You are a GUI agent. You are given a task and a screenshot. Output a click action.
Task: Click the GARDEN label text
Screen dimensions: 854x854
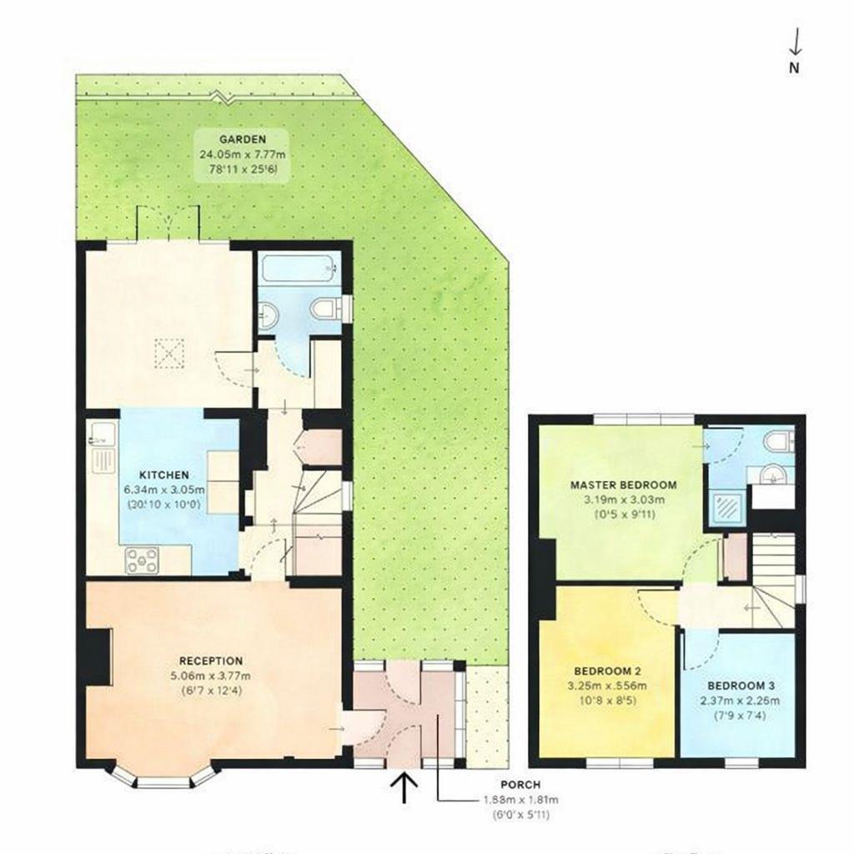(242, 139)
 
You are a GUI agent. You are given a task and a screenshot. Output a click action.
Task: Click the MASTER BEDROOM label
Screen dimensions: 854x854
(623, 485)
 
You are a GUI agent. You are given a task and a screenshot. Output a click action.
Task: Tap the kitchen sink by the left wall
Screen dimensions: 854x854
(102, 439)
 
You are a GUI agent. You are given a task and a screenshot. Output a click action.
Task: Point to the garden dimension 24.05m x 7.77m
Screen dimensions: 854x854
(242, 154)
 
